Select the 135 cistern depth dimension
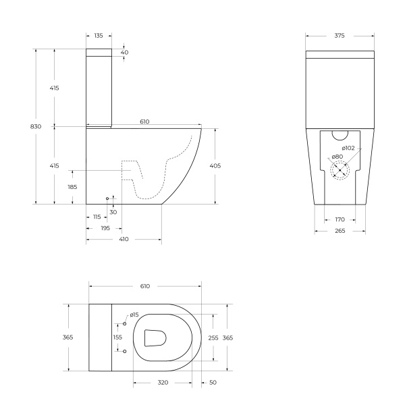99,35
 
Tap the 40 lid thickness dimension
124,53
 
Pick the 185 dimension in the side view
72,187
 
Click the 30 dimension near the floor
113,212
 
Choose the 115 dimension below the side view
97,217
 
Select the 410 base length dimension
124,240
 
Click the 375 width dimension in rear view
340,36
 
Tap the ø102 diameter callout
348,148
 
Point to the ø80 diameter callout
337,157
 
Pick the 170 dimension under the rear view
340,219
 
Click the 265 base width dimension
340,231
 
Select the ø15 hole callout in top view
134,315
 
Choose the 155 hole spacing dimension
117,337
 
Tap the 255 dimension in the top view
213,337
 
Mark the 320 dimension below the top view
162,383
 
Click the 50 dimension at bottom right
213,383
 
